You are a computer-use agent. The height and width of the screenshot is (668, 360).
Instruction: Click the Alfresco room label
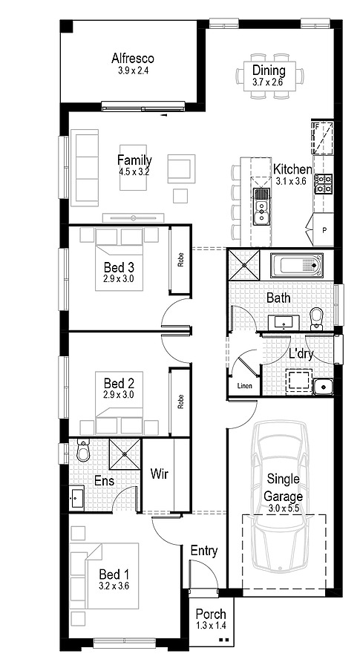pyautogui.click(x=132, y=58)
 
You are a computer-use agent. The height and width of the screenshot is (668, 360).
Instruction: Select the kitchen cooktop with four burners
pyautogui.click(x=324, y=184)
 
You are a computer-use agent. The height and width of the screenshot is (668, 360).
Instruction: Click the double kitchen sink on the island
pyautogui.click(x=261, y=206)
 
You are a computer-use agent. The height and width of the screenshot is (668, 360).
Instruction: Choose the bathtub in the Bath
pyautogui.click(x=296, y=266)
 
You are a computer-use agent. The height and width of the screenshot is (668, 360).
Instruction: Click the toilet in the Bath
pyautogui.click(x=316, y=319)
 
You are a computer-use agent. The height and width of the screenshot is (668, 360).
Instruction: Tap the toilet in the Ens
pyautogui.click(x=82, y=451)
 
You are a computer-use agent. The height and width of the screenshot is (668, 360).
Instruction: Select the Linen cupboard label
pyautogui.click(x=243, y=386)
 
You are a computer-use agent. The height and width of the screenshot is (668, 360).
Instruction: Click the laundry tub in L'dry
pyautogui.click(x=323, y=387)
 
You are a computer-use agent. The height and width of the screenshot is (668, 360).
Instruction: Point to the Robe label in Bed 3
pyautogui.click(x=180, y=261)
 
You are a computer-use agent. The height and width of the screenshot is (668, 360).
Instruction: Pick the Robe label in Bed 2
pyautogui.click(x=180, y=402)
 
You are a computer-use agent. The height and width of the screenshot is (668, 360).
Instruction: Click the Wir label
pyautogui.click(x=160, y=474)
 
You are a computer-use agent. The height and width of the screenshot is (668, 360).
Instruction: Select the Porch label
pyautogui.click(x=211, y=614)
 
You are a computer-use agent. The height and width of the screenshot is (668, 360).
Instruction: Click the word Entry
pyautogui.click(x=203, y=551)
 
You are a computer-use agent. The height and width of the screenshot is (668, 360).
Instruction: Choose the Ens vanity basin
pyautogui.click(x=76, y=498)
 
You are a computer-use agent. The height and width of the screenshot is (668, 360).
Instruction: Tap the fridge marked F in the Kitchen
pyautogui.click(x=322, y=138)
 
